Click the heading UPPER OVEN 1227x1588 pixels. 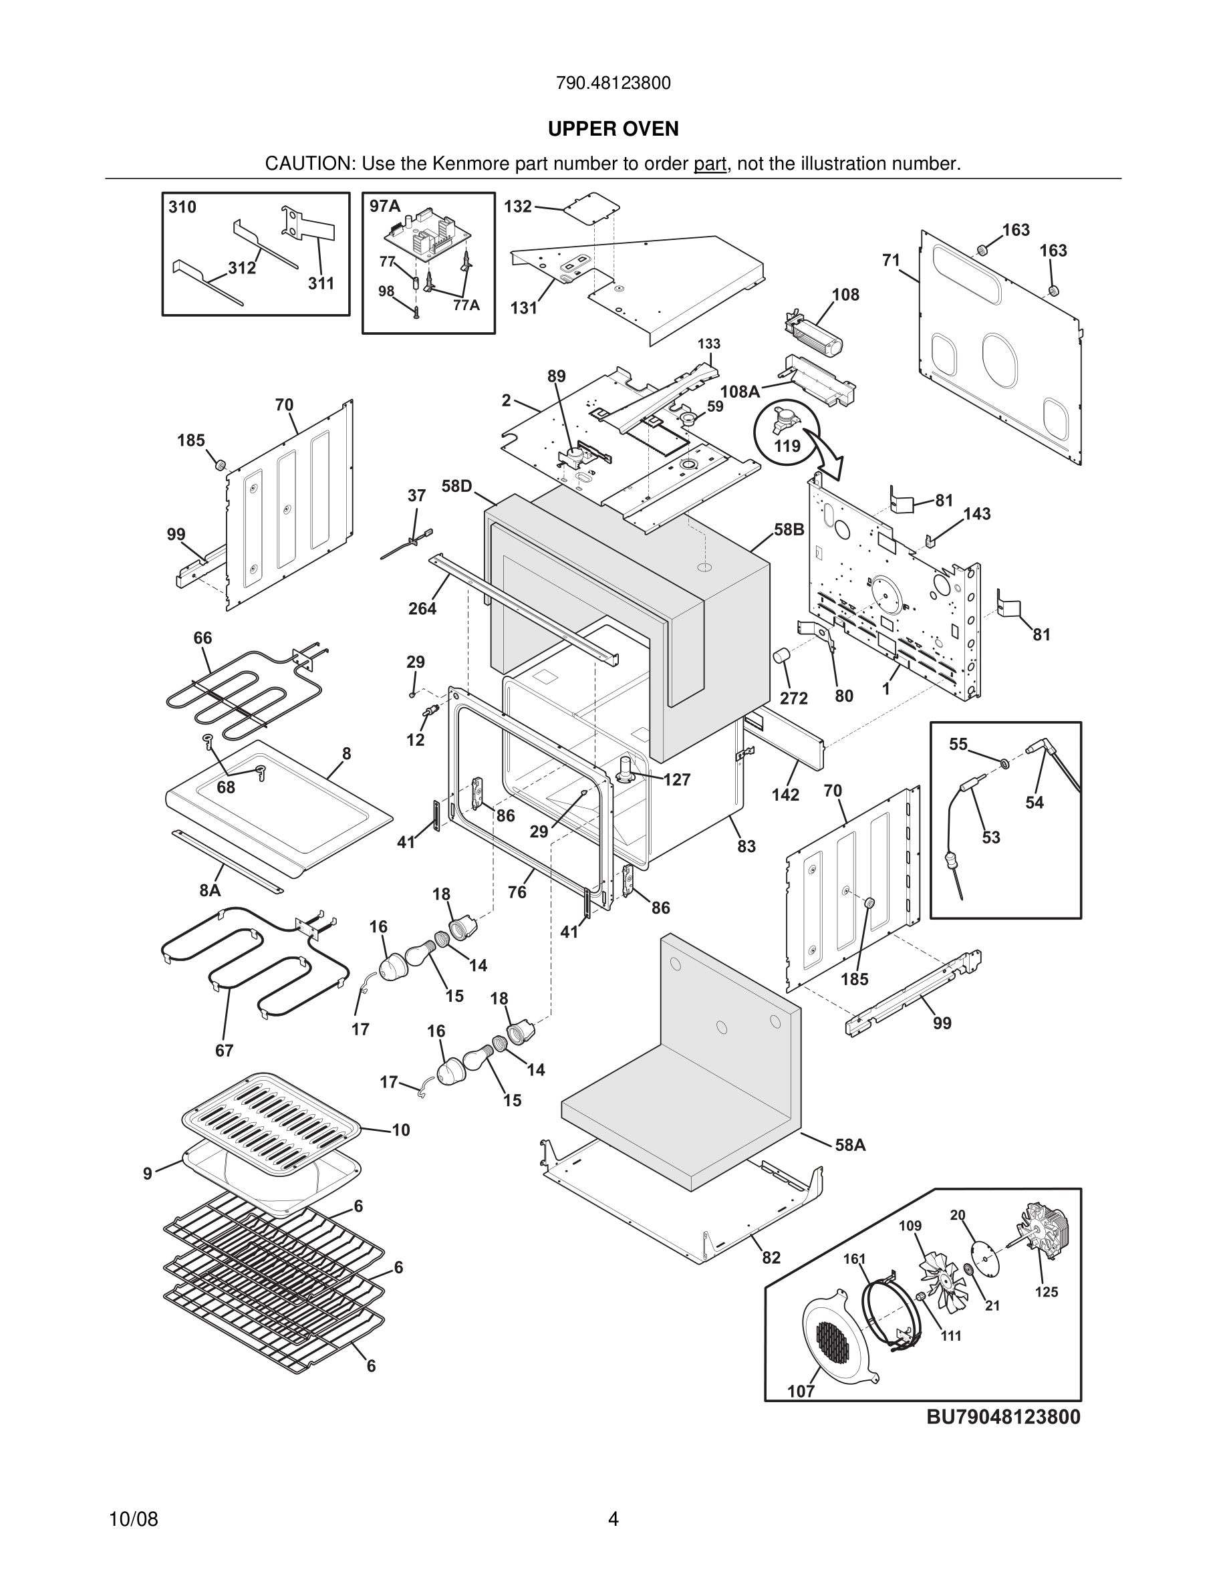point(613,129)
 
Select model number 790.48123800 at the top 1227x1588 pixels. point(613,84)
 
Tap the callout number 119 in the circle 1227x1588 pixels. point(787,446)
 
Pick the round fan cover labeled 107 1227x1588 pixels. point(836,1339)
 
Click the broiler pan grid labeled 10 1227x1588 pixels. point(271,1123)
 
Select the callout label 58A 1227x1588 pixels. point(849,1145)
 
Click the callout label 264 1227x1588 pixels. point(422,609)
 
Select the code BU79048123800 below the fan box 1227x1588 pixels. point(1003,1417)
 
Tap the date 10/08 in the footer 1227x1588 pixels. point(133,1520)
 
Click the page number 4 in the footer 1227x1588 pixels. point(613,1519)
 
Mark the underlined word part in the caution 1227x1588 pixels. point(710,164)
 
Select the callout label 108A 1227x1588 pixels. point(739,392)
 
